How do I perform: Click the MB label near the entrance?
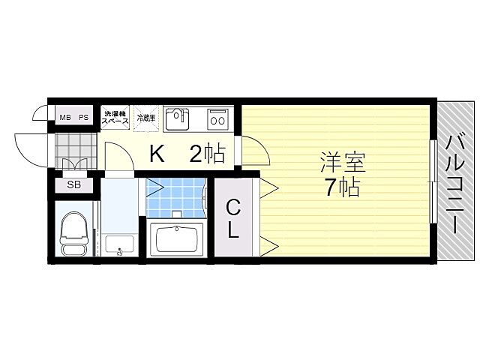point(66,118)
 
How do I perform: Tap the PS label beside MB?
point(84,118)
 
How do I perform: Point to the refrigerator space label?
point(146,118)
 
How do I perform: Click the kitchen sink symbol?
point(177,118)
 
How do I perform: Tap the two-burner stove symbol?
point(218,118)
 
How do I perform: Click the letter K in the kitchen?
point(156,154)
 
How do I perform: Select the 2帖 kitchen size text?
point(207,154)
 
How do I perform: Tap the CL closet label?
point(234,217)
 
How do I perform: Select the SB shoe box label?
point(73,184)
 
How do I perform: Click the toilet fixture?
point(73,232)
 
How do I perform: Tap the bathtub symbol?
point(178,240)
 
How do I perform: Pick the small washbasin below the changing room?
point(119,244)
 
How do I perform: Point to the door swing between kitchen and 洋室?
point(257,153)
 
